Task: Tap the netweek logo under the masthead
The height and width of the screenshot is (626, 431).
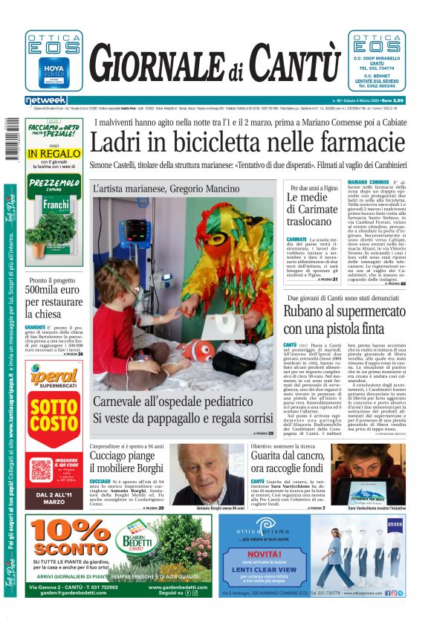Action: pos(45,100)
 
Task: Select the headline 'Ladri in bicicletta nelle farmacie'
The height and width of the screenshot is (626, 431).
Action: pos(247,142)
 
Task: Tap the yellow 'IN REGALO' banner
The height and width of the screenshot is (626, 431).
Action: pos(53,154)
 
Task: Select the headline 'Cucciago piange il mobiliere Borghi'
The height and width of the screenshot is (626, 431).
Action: pos(126,462)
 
